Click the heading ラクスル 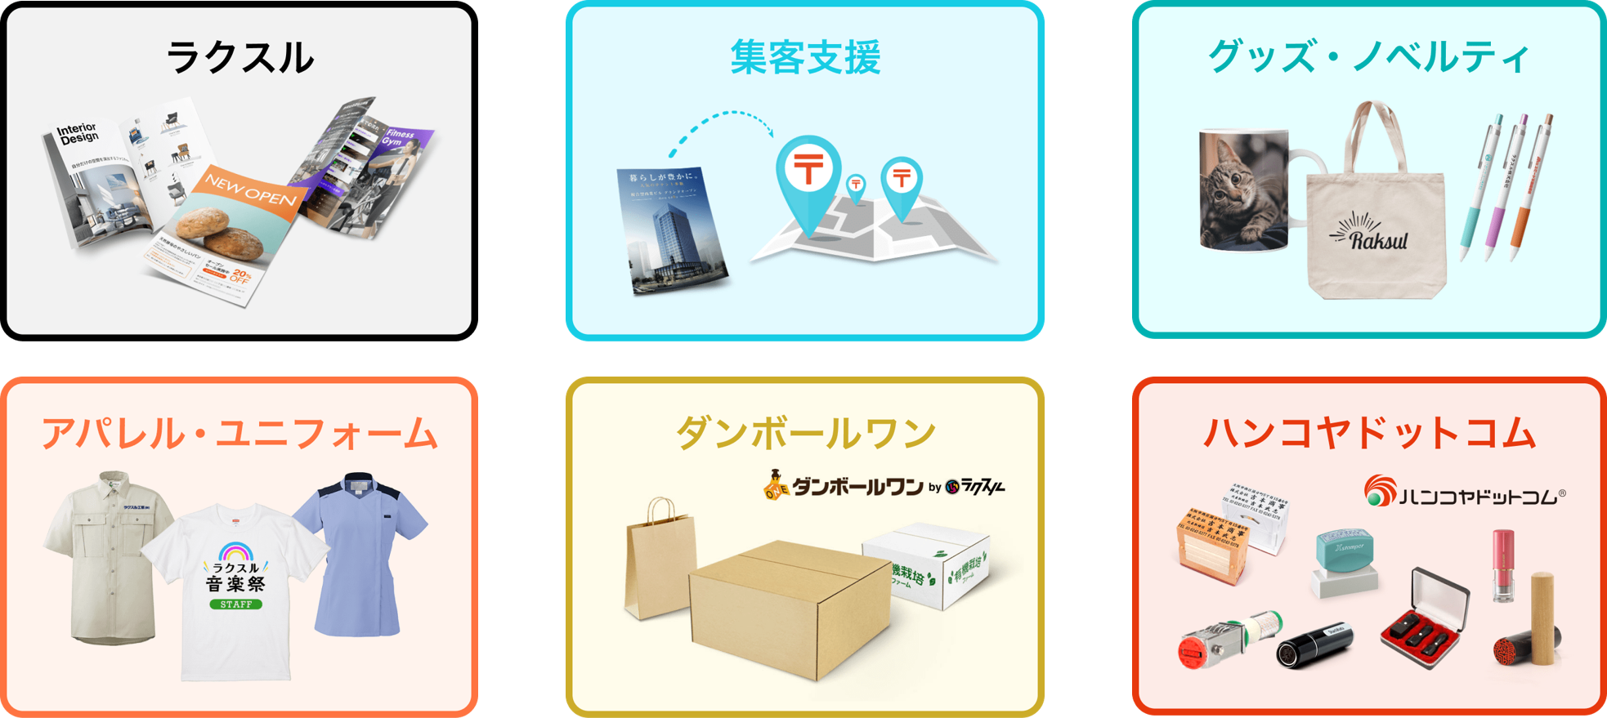point(239,57)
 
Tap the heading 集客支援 point(805,57)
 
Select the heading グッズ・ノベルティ point(1368,57)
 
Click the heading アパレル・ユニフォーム point(239,433)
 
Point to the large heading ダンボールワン point(805,433)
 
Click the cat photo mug point(1242,192)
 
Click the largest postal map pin point(808,176)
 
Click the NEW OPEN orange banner point(250,189)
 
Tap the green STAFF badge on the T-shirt point(235,604)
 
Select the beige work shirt point(106,555)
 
